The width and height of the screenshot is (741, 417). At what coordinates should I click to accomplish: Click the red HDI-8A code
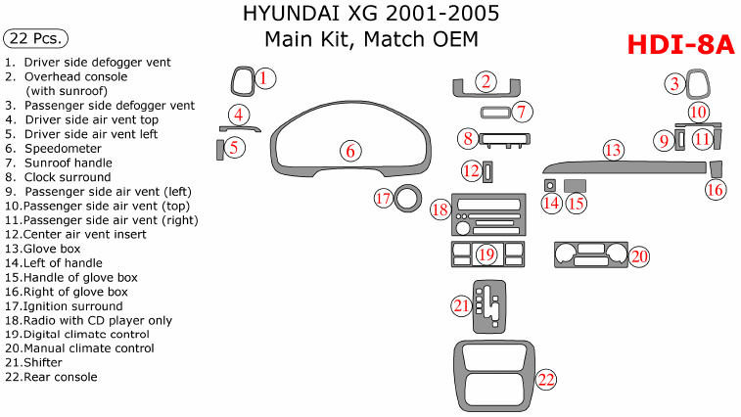pyautogui.click(x=679, y=45)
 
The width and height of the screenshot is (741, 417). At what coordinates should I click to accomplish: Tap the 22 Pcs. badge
pyautogui.click(x=36, y=38)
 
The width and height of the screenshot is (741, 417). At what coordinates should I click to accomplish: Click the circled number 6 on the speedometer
pyautogui.click(x=349, y=151)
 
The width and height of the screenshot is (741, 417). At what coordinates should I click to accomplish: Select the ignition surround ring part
pyautogui.click(x=407, y=199)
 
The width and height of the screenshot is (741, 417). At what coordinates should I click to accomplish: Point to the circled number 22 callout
pyautogui.click(x=546, y=379)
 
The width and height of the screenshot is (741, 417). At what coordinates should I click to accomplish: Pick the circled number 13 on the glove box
pyautogui.click(x=613, y=151)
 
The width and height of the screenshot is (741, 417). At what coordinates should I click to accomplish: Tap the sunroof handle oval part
pyautogui.click(x=493, y=112)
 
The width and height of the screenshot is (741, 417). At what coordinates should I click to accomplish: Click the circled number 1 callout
pyautogui.click(x=265, y=77)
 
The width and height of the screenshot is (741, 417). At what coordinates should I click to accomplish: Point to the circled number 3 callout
pyautogui.click(x=674, y=84)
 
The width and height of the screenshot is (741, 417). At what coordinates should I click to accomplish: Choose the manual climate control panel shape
pyautogui.click(x=589, y=255)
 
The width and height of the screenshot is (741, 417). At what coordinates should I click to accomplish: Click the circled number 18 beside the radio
pyautogui.click(x=440, y=208)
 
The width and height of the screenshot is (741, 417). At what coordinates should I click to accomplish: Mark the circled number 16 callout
pyautogui.click(x=716, y=189)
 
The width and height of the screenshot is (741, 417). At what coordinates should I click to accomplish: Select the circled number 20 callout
pyautogui.click(x=639, y=255)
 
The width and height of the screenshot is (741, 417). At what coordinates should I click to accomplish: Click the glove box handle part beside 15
pyautogui.click(x=576, y=185)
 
